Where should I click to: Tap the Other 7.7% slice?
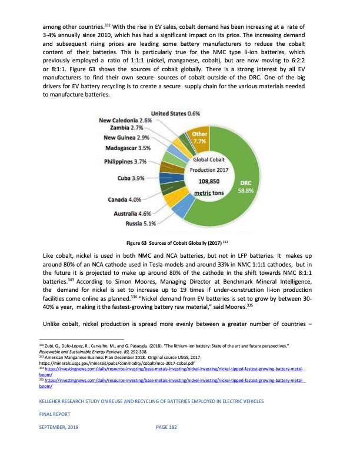tap(199, 138)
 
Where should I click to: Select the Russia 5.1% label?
tap(141, 224)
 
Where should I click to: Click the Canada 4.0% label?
tap(126, 199)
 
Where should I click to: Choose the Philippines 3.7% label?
tap(125, 161)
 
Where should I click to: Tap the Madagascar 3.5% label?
tap(125, 148)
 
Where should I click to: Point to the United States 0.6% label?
tap(175, 113)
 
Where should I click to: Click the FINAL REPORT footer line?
tap(55, 430)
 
